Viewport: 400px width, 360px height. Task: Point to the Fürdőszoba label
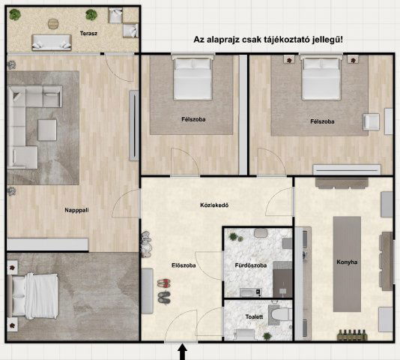[242, 265]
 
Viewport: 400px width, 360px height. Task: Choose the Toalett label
[254, 317]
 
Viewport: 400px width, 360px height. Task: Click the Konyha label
[347, 262]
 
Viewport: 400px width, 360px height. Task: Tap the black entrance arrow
[182, 352]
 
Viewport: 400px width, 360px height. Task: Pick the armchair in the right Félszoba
[371, 122]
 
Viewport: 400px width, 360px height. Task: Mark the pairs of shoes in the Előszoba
[163, 290]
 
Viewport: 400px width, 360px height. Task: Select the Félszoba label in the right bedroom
[321, 121]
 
